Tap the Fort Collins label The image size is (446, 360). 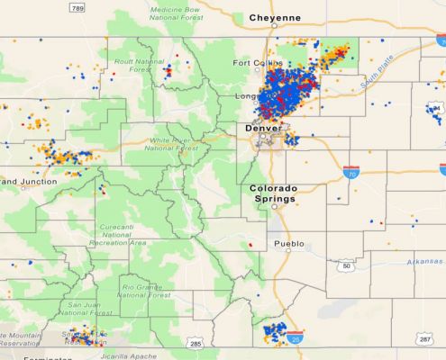(254, 63)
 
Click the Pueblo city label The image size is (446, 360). (289, 243)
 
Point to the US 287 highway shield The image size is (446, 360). (426, 338)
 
